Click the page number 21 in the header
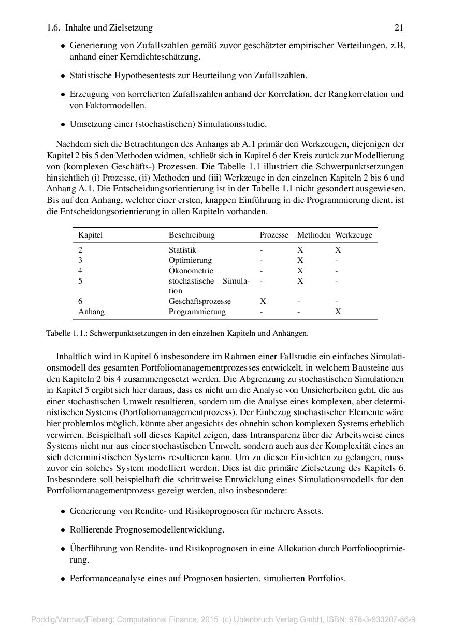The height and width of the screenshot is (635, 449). [399, 28]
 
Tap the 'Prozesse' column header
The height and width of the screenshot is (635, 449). [274, 235]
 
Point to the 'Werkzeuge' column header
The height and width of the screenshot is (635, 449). [354, 235]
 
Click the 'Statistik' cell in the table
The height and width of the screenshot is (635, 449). [182, 250]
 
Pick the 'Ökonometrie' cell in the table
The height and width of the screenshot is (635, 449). [191, 271]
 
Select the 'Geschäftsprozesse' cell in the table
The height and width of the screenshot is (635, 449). [200, 301]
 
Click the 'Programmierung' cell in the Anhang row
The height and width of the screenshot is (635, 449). [197, 312]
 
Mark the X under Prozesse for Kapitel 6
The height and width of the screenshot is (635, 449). [263, 301]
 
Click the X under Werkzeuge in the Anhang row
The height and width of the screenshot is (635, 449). [338, 312]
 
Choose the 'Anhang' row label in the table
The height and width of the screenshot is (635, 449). [91, 312]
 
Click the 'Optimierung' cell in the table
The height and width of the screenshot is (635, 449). [190, 260]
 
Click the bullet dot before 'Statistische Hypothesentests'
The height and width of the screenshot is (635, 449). [63, 76]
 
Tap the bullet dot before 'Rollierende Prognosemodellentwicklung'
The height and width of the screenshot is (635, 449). [63, 530]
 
